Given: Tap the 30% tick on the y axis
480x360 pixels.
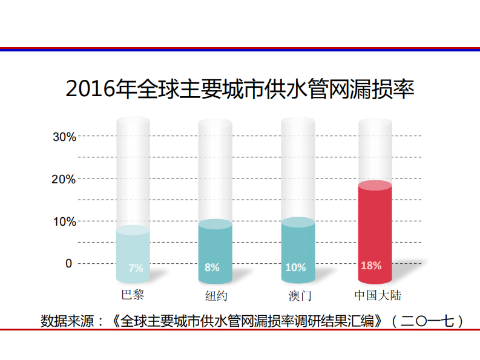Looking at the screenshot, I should (x=64, y=137).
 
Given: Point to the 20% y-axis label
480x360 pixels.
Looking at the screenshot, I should (x=64, y=179).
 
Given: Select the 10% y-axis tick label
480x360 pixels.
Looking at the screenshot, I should (x=64, y=221).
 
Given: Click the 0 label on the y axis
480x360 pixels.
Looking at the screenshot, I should (x=68, y=264).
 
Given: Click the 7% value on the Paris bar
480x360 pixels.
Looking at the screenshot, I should (x=136, y=268).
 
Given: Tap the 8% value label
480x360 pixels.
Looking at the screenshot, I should (x=212, y=267).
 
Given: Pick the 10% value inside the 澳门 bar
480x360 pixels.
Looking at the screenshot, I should (x=295, y=267).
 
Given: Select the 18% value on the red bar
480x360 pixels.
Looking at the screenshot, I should (x=371, y=266).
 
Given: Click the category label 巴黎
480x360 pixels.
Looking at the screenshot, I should (x=133, y=295).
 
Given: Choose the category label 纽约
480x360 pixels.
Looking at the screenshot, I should (x=215, y=296).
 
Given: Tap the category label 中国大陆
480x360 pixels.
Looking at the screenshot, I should (x=378, y=296).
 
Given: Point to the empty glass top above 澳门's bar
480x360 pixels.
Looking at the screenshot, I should (x=298, y=125).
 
